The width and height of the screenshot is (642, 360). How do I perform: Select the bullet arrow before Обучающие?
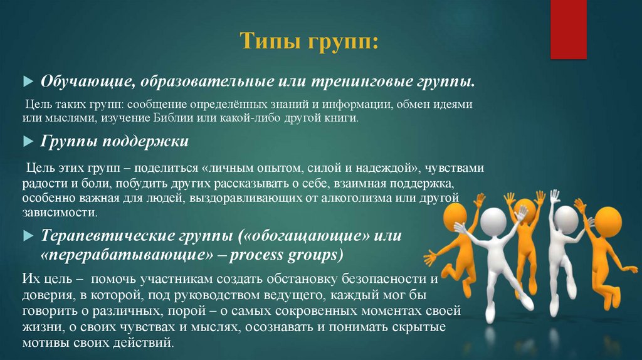tap(27, 82)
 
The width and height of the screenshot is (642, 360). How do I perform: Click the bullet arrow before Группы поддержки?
tap(27, 142)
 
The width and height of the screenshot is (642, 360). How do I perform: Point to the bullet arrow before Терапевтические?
tap(27, 236)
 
